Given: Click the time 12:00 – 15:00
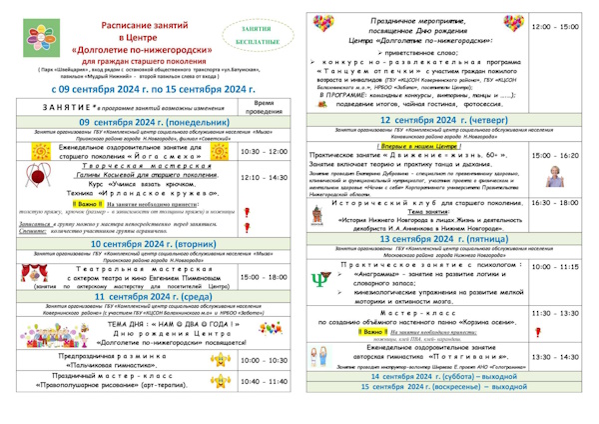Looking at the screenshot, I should [555, 28].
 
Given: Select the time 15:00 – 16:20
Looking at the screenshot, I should [555, 157].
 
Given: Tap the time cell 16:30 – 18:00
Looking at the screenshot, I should [555, 202].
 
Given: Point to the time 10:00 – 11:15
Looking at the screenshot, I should [555, 267].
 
